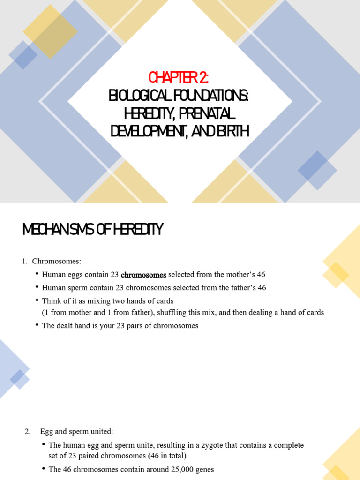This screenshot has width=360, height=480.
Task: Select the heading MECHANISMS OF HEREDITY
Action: coord(93,229)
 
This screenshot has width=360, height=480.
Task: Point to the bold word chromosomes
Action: coord(143,275)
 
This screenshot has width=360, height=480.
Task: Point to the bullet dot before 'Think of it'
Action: coord(37,300)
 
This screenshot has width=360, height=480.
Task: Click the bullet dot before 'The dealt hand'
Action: coord(37,325)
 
